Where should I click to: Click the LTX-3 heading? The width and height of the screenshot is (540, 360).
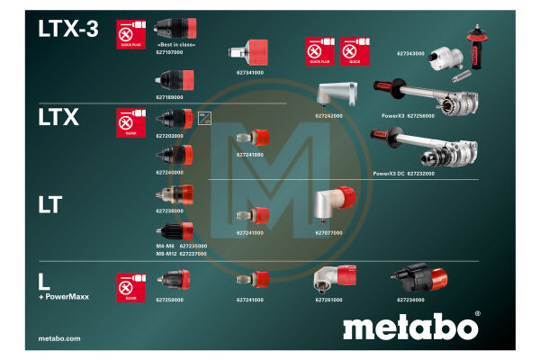[x=68, y=29]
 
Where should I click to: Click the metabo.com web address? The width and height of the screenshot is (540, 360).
[x=59, y=338]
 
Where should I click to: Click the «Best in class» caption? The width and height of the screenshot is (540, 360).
[x=175, y=45]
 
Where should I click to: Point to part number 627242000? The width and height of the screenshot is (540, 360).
[x=328, y=116]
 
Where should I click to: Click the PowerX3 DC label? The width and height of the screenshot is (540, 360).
[x=390, y=173]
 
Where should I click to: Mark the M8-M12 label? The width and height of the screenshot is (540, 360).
[x=166, y=254]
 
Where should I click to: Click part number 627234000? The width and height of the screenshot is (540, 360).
[x=410, y=299]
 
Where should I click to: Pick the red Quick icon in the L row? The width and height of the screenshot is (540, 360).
[x=130, y=287]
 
